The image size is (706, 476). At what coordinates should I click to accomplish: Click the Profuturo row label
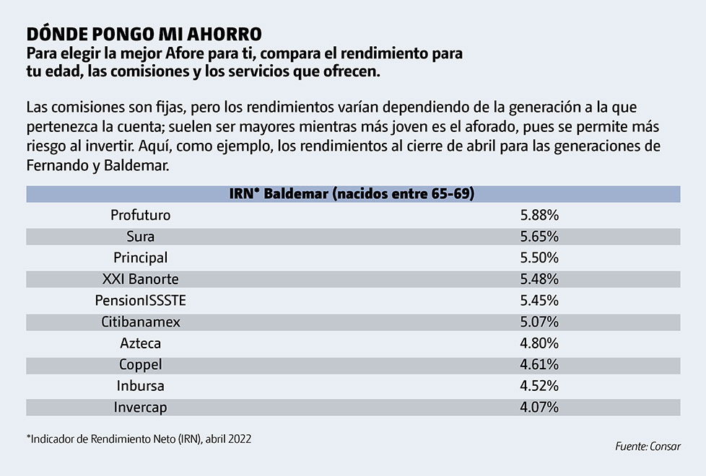pyautogui.click(x=141, y=215)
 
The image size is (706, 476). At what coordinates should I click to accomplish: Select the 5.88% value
pyautogui.click(x=539, y=215)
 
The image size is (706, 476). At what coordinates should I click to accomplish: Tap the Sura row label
pyautogui.click(x=141, y=236)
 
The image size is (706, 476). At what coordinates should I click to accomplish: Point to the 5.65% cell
pyautogui.click(x=539, y=236)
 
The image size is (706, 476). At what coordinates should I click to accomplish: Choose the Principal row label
pyautogui.click(x=141, y=257)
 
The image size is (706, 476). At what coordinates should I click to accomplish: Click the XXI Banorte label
pyautogui.click(x=141, y=279)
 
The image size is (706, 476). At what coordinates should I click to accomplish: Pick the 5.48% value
pyautogui.click(x=539, y=279)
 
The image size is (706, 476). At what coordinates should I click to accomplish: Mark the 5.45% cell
pyautogui.click(x=539, y=300)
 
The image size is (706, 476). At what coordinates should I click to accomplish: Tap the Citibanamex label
pyautogui.click(x=141, y=322)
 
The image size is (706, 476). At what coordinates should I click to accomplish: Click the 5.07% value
pyautogui.click(x=539, y=322)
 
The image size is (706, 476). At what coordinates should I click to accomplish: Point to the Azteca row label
pyautogui.click(x=141, y=343)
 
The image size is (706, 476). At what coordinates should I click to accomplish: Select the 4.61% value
pyautogui.click(x=539, y=364)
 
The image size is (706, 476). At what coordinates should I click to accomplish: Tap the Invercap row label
pyautogui.click(x=141, y=407)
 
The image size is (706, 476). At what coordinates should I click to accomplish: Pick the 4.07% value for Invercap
pyautogui.click(x=539, y=407)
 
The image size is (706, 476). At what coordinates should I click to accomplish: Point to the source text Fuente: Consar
pyautogui.click(x=648, y=447)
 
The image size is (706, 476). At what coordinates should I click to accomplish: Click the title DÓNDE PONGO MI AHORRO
pyautogui.click(x=144, y=34)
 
